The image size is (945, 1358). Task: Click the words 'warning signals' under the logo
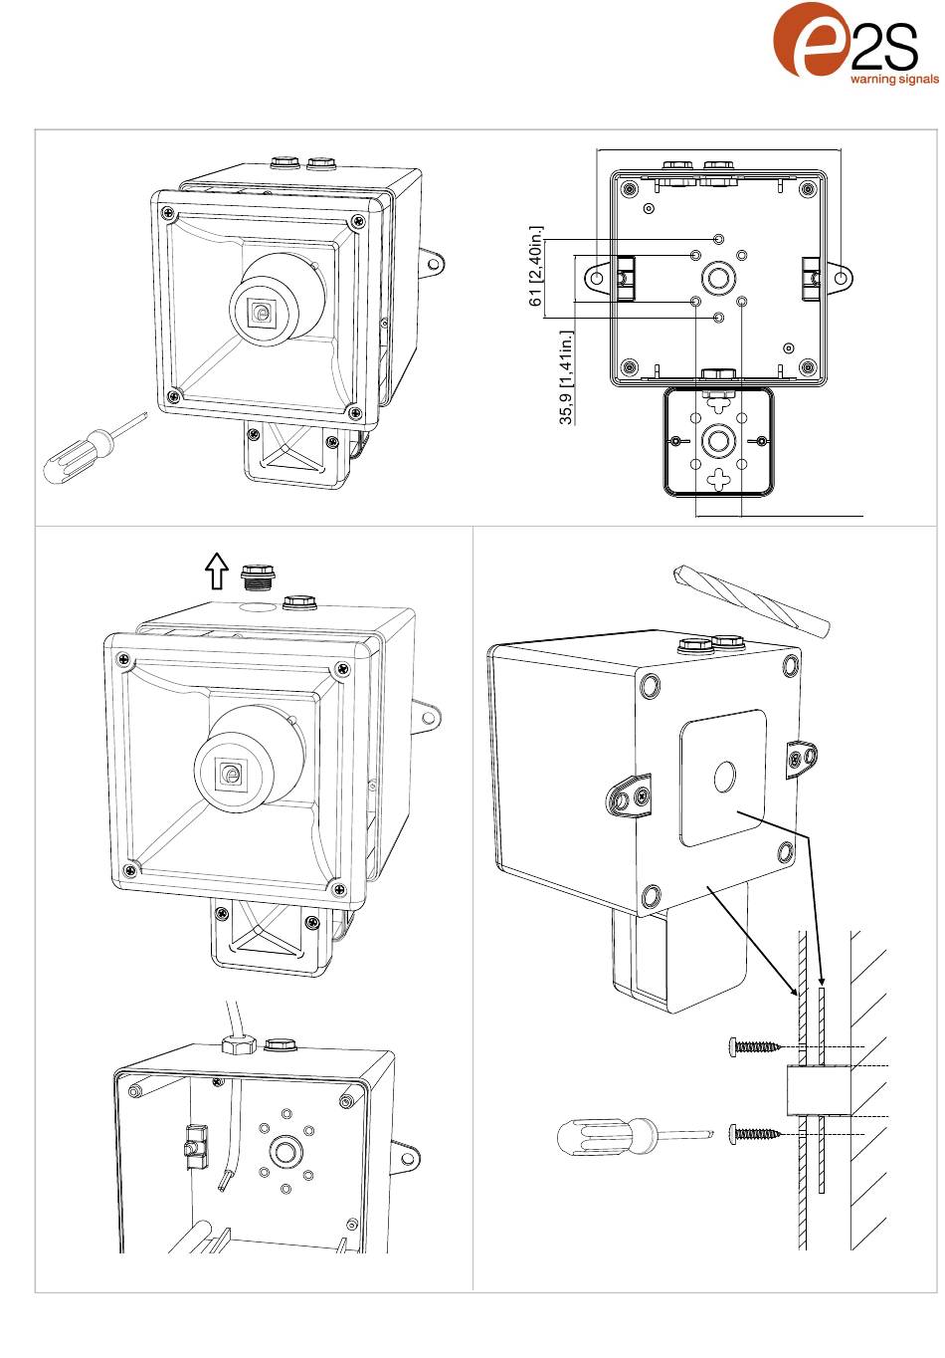tap(894, 79)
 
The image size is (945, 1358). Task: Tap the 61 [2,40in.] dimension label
tap(536, 266)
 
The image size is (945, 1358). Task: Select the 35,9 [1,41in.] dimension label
tap(566, 377)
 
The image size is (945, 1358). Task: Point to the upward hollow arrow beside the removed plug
tap(216, 571)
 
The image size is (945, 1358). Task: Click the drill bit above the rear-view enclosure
tap(751, 600)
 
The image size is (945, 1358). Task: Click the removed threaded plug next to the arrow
tap(256, 576)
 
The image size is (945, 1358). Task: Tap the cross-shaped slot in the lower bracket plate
tap(718, 479)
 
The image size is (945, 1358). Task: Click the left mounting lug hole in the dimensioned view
tap(597, 278)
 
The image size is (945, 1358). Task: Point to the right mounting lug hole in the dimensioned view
tap(841, 278)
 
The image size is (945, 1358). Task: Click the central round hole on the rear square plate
tap(724, 778)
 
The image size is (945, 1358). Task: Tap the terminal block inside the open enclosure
tap(194, 1146)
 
